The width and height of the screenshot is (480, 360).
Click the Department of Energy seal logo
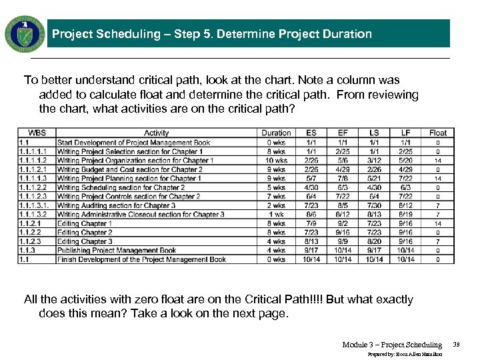25,33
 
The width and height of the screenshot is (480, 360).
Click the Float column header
438,133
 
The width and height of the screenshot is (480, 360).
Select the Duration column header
276,133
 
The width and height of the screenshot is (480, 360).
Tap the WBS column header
37,133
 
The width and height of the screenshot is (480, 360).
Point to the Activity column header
157,133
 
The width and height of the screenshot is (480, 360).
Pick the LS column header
374,133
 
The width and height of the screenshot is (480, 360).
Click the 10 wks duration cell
276,161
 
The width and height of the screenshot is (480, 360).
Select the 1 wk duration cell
276,215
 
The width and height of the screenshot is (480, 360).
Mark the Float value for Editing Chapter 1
438,224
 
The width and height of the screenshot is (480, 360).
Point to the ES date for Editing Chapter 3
311,241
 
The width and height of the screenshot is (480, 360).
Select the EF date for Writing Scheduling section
343,188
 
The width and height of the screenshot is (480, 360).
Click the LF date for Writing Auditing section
405,206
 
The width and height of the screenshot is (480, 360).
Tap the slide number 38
457,345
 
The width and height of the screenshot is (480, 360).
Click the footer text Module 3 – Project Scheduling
392,345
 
